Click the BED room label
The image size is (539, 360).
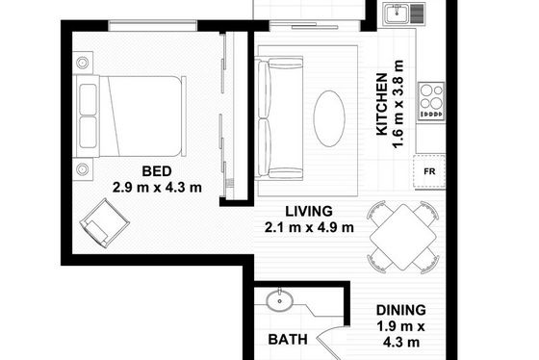coord(157,171)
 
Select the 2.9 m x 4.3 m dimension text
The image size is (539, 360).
coord(157,188)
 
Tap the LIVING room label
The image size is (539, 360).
coord(309,211)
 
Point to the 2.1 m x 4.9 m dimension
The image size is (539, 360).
coord(309,227)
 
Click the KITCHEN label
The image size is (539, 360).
coord(382,104)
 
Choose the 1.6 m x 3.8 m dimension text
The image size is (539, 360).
coord(398,104)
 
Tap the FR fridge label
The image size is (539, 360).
coord(429,171)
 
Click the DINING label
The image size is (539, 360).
coord(400,310)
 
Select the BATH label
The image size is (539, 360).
coord(288,340)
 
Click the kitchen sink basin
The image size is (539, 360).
coord(397,14)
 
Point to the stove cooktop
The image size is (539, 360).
coord(431,101)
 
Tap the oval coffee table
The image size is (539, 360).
coord(329,118)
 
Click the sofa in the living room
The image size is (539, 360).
coord(279,118)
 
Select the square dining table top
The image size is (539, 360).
coord(403,237)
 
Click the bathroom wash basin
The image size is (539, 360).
coord(279,301)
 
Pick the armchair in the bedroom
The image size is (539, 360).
coord(105,222)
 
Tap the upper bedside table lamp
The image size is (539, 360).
coord(83,63)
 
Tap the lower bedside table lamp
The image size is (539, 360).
coord(83,169)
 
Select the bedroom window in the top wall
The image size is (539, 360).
coord(153,26)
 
